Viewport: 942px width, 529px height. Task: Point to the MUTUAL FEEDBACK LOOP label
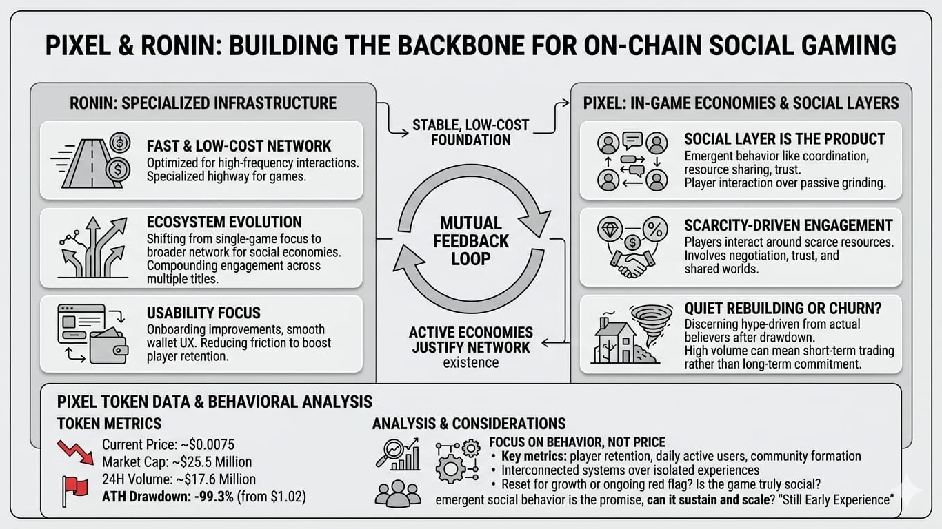coord(471,241)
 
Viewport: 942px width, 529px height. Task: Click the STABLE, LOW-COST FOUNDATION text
coord(471,132)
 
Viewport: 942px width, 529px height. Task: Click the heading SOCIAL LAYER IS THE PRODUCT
coord(784,139)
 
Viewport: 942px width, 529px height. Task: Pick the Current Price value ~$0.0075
coord(206,444)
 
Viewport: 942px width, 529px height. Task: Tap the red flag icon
coord(74,487)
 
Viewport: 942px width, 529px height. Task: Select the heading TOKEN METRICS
coord(109,424)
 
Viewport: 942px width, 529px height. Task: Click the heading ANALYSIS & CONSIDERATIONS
coord(469,424)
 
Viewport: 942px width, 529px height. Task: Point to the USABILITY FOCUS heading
coord(203,313)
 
